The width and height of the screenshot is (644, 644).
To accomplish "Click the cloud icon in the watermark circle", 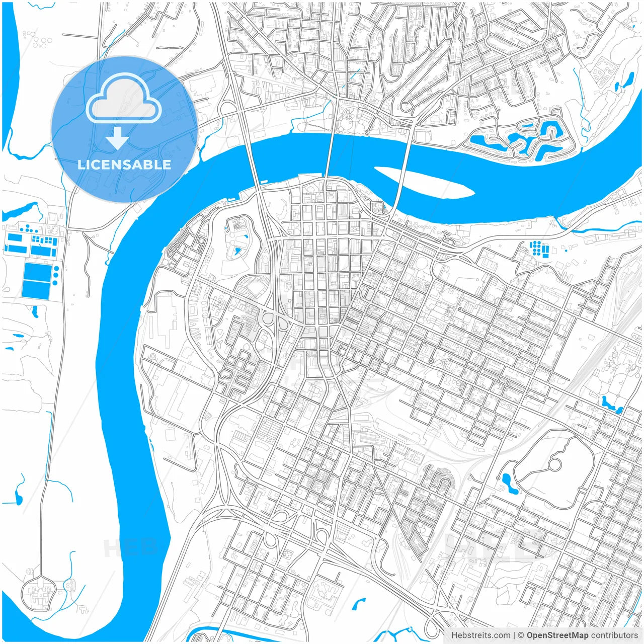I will tap(124, 99).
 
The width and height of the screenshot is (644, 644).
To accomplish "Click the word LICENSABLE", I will tap(124, 165).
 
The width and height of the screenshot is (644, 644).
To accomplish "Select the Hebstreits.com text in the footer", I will tap(480, 635).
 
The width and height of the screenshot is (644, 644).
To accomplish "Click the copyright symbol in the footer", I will tap(521, 635).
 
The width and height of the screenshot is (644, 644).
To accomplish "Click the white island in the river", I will tap(423, 182).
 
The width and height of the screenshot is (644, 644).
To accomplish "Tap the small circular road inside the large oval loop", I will tap(555, 464).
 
